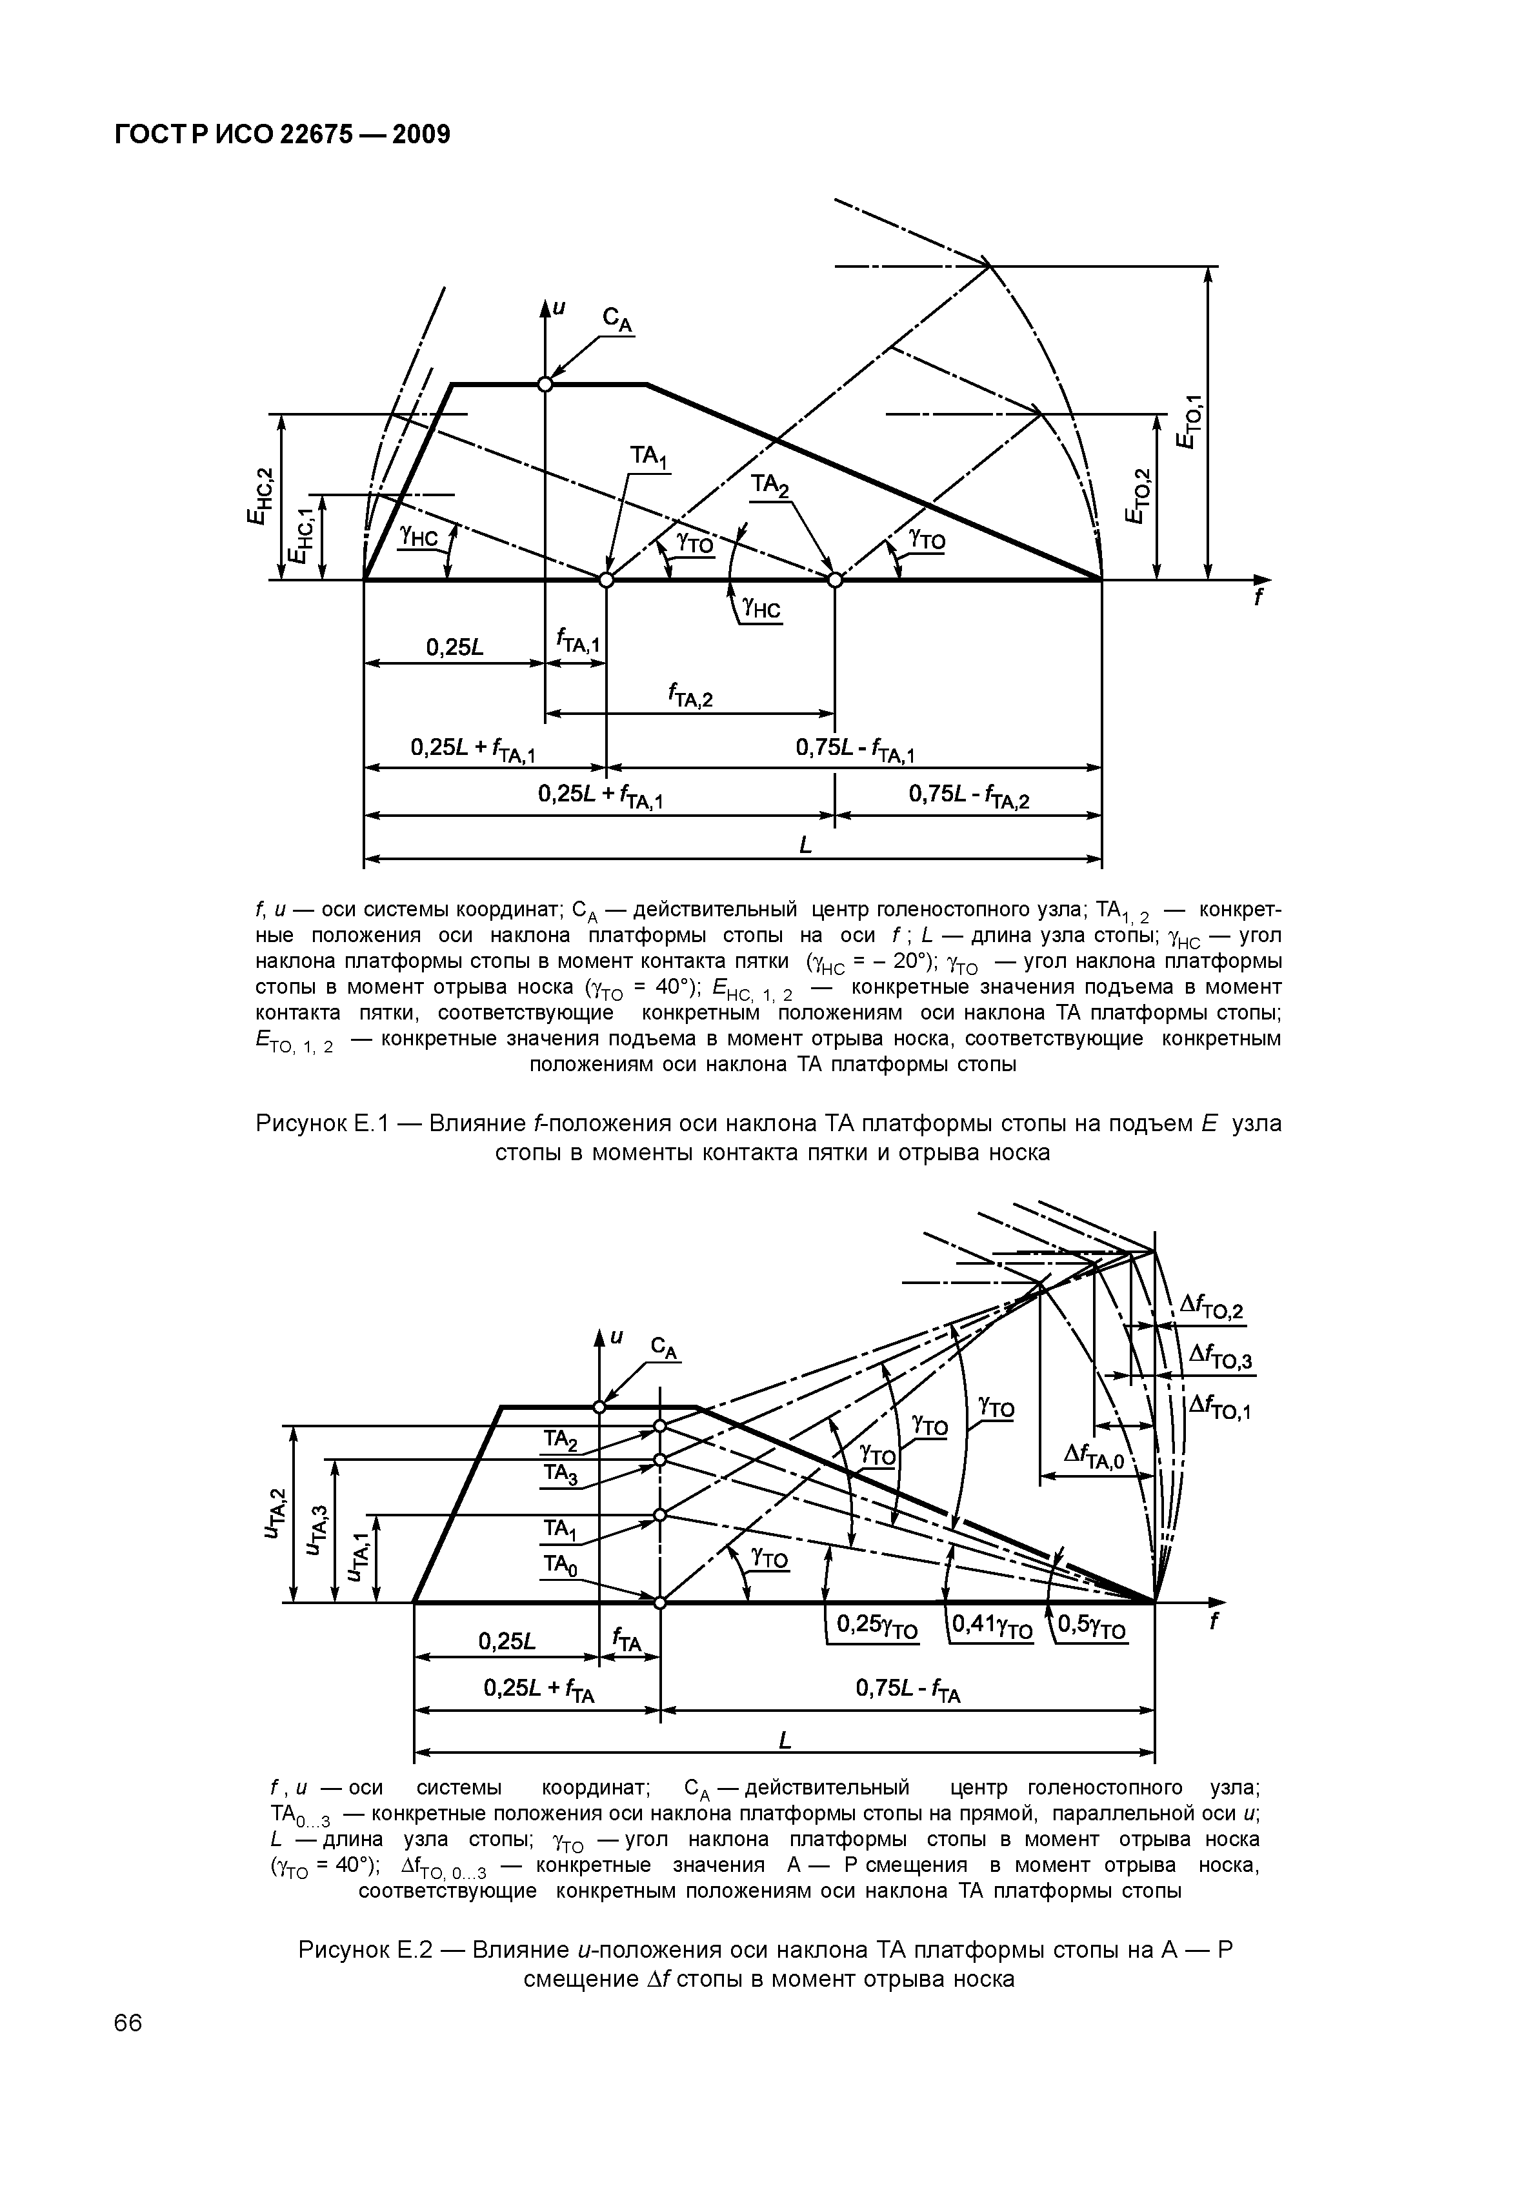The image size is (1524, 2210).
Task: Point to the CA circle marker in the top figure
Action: coord(545,384)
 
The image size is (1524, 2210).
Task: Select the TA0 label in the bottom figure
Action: coord(559,1563)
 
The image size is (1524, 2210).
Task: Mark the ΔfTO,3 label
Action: coord(1219,1356)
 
